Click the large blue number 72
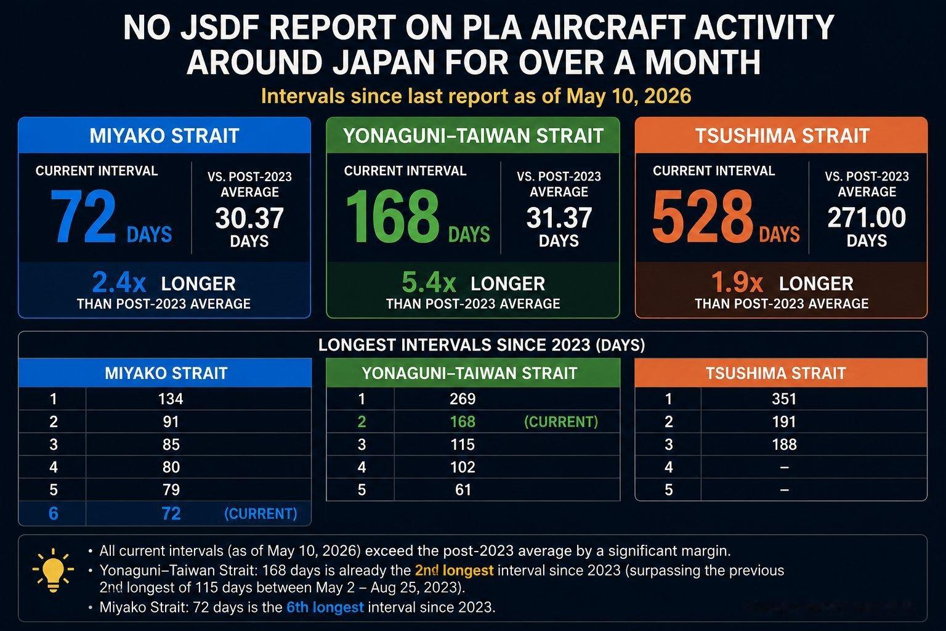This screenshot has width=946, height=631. pos(83,216)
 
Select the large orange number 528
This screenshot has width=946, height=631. pos(702,216)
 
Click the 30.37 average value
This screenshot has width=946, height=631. pos(249,218)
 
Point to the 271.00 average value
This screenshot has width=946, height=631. pos(867,218)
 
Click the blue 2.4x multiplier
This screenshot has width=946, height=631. pos(119,282)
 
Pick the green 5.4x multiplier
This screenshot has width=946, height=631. pos(429,282)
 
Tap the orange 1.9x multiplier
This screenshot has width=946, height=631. pos(737,282)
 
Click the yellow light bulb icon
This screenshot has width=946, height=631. pos(53,570)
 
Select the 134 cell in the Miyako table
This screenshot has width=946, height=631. pos(171,399)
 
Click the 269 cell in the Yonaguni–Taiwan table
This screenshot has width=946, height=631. pos(463,399)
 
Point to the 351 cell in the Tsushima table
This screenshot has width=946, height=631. pos(784,399)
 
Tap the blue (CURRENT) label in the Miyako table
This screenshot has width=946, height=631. pos(261,513)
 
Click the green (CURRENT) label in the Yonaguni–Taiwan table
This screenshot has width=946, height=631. pos(561,421)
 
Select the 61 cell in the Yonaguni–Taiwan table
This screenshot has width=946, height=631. pos(463,490)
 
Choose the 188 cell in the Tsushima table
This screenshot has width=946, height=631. pos(784,445)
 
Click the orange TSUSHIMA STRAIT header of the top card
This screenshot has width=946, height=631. pos(782,136)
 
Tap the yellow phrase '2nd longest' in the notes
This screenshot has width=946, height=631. pos(454,571)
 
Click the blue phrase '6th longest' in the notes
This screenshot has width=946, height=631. pos(325,608)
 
